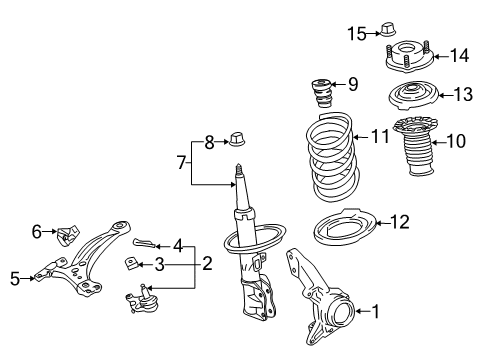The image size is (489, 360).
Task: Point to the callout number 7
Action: (182, 162)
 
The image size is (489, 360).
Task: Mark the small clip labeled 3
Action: (132, 263)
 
